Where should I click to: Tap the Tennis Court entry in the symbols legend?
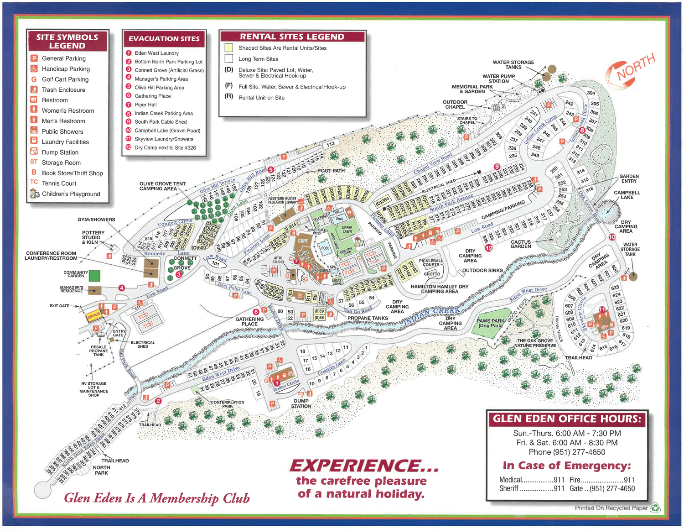(x=59, y=183)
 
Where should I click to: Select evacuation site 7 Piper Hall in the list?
(x=145, y=105)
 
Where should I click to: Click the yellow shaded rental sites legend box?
(x=229, y=47)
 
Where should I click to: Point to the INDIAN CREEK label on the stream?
(x=431, y=314)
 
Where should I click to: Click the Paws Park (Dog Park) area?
(x=490, y=323)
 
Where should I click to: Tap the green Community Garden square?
(x=94, y=276)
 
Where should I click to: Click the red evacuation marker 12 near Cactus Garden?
(x=489, y=248)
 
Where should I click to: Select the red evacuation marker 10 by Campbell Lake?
(x=612, y=237)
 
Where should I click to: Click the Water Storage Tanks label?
(x=513, y=65)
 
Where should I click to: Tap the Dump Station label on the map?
(x=301, y=403)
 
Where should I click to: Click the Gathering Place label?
(x=249, y=321)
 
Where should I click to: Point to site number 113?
(x=331, y=144)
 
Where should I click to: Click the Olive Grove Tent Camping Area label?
(x=162, y=186)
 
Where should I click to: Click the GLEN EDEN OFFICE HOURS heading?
(x=567, y=419)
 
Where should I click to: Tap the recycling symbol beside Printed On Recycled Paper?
(x=655, y=508)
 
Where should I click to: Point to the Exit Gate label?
(x=59, y=306)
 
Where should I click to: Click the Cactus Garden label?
(x=520, y=244)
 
